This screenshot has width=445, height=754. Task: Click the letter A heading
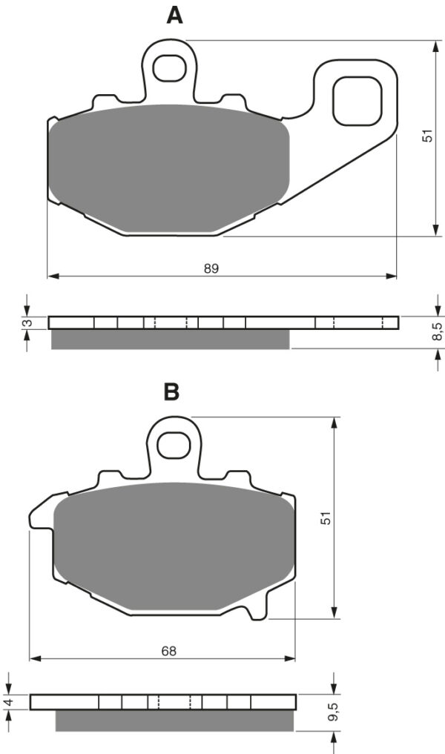coord(174,16)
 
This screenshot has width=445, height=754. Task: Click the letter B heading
coord(172,392)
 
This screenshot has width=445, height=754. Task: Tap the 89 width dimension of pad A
coord(211,268)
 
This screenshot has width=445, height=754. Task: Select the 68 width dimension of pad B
coord(169,651)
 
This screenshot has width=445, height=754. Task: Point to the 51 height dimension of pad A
coord(427,136)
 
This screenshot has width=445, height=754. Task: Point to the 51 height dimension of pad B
coord(326,517)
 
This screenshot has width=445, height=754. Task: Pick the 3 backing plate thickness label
coord(28,323)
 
